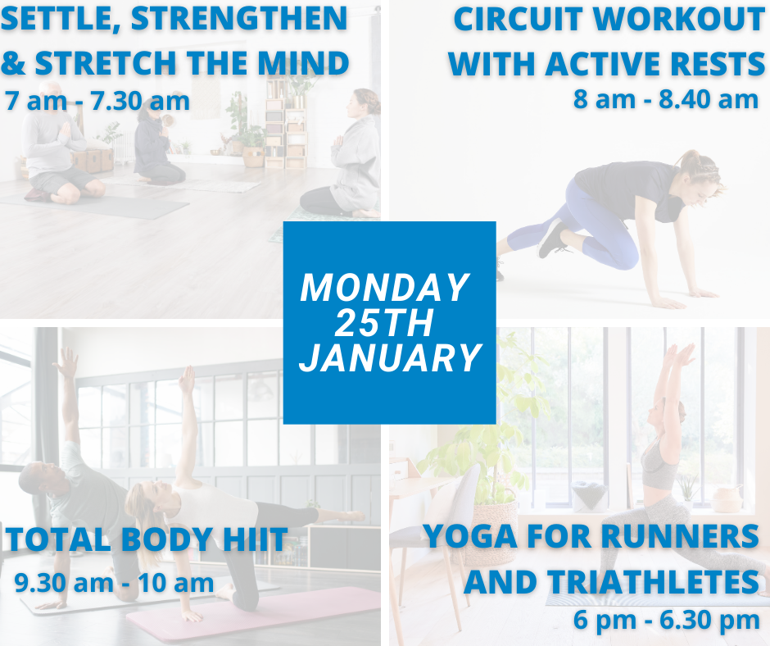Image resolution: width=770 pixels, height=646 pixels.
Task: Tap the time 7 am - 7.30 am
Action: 97,102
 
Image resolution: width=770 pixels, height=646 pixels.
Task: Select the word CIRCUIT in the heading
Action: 518,19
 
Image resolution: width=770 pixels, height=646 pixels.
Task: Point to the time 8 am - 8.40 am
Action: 666,99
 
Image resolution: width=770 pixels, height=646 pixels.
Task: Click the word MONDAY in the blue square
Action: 384,288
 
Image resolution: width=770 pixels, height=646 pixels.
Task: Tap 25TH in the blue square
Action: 385,322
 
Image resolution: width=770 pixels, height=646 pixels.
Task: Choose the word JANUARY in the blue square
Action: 391,357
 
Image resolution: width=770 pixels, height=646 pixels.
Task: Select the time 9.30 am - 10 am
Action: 115,583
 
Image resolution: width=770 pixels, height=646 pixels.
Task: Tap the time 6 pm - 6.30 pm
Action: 667,619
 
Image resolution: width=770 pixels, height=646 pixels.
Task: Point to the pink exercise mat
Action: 256,615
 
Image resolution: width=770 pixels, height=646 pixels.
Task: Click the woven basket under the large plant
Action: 491,522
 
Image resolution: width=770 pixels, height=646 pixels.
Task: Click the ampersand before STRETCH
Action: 13,63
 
